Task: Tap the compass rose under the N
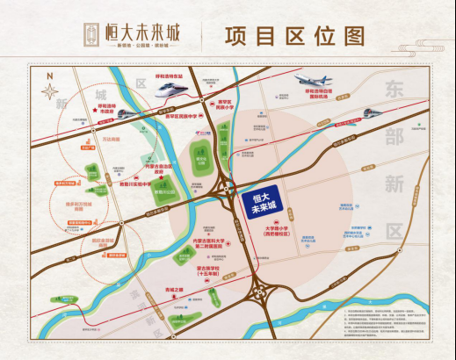click(x=49, y=89)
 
